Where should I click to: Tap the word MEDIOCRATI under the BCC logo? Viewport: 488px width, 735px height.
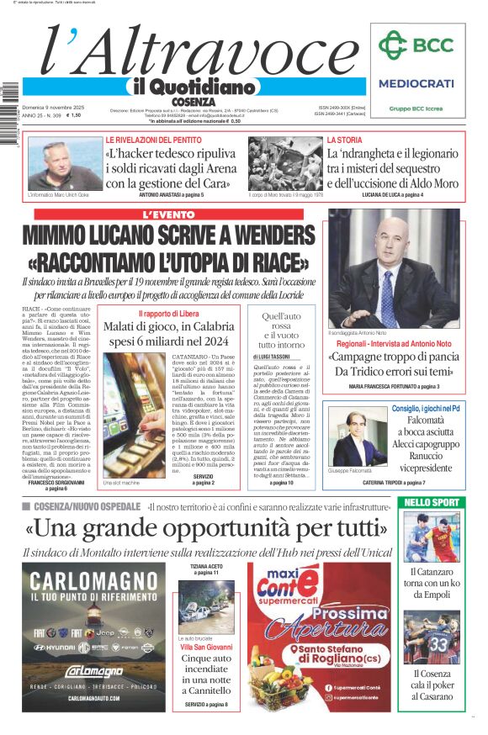[x=416, y=83]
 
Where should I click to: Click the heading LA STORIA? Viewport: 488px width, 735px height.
[x=345, y=140]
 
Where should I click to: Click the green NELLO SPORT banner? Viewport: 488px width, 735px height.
[x=432, y=502]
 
